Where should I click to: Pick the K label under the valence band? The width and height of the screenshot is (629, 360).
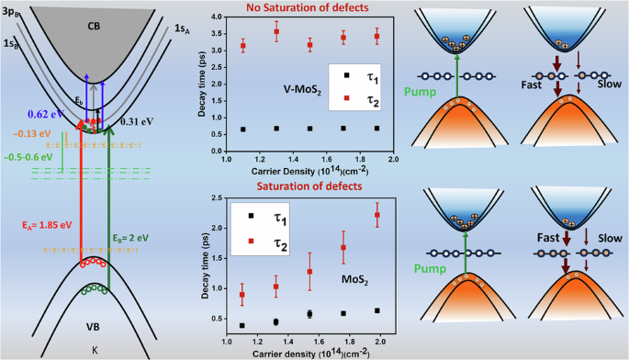click(x=95, y=350)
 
